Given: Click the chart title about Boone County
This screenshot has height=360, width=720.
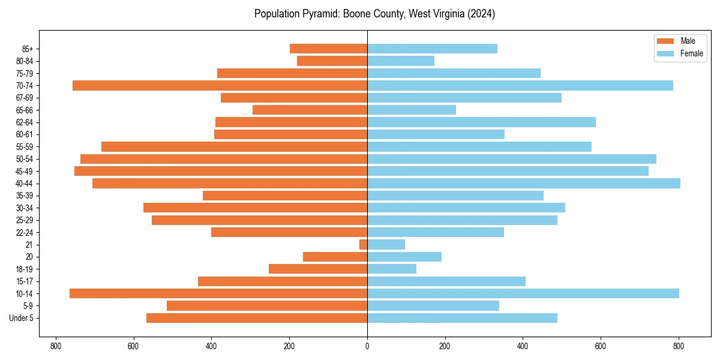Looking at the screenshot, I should pyautogui.click(x=374, y=14).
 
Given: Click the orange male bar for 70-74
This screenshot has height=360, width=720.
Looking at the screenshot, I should pyautogui.click(x=220, y=85).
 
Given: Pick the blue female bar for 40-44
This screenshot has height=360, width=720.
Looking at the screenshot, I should pyautogui.click(x=524, y=183).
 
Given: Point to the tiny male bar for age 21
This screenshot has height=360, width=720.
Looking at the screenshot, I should pyautogui.click(x=364, y=244).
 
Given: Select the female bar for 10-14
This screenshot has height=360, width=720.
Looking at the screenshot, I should pyautogui.click(x=523, y=293).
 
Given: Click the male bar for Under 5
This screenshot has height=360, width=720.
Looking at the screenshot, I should pyautogui.click(x=257, y=318).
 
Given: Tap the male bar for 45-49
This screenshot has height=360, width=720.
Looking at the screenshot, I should pyautogui.click(x=221, y=171).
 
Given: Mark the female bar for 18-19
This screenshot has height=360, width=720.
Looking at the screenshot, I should pyautogui.click(x=392, y=269).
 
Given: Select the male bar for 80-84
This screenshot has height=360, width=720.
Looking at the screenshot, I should pyautogui.click(x=332, y=61).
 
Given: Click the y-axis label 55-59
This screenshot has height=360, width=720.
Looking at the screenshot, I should pyautogui.click(x=25, y=146).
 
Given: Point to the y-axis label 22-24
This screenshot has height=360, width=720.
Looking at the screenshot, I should pyautogui.click(x=25, y=232).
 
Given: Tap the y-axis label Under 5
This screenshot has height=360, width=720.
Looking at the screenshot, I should pyautogui.click(x=22, y=318).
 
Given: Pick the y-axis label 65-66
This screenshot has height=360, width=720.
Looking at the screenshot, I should pyautogui.click(x=25, y=110).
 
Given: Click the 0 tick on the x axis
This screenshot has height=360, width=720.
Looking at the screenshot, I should pyautogui.click(x=367, y=346).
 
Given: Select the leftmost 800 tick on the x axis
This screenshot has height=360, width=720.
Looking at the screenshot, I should pyautogui.click(x=56, y=346).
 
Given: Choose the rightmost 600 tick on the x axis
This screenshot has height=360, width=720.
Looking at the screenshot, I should pyautogui.click(x=601, y=346).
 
